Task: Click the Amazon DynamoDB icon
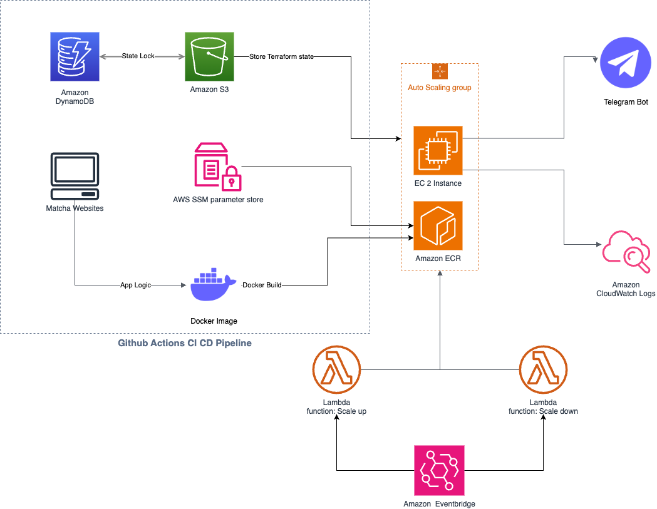75,57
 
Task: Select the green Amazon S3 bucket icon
209,57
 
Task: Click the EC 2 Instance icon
438,150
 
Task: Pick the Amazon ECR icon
438,225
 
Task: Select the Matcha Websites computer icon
75,175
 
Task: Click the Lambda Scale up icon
337,370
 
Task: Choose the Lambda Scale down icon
543,370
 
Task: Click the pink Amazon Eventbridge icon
439,470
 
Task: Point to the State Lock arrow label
138,56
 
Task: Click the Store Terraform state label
281,56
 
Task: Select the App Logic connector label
136,285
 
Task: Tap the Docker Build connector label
262,285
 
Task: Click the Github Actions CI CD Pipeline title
185,343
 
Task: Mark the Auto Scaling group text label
440,88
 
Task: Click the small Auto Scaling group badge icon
440,71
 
